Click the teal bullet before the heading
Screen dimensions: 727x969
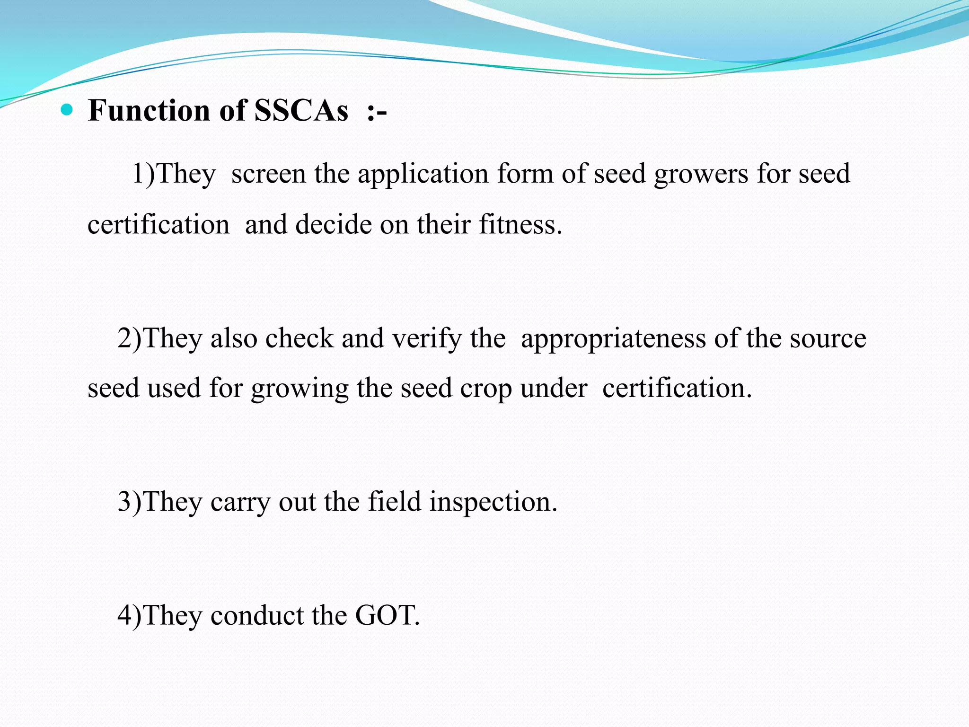pyautogui.click(x=67, y=110)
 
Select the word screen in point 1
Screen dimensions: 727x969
pyautogui.click(x=268, y=174)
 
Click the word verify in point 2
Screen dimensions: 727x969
pyautogui.click(x=427, y=339)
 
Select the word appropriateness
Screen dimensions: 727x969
pyautogui.click(x=613, y=339)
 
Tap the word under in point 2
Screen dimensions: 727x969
pyautogui.click(x=554, y=388)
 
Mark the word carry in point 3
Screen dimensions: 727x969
pyautogui.click(x=240, y=503)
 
